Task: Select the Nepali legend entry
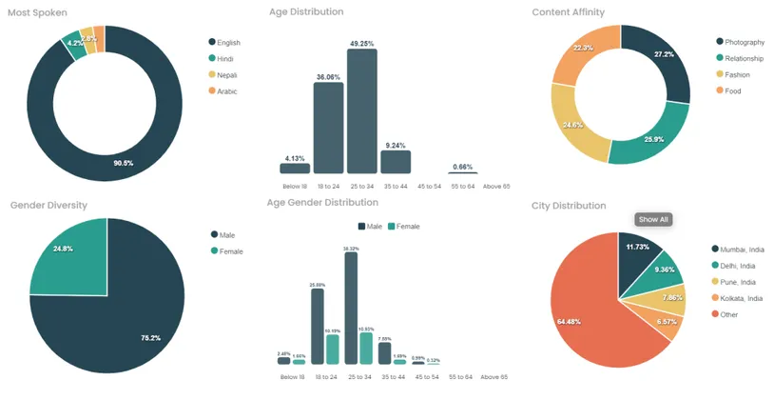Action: click(226, 74)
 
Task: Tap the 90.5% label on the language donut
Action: click(123, 163)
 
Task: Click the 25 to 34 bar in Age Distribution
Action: click(361, 110)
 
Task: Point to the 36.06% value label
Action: click(328, 75)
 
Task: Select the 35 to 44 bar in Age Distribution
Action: click(395, 162)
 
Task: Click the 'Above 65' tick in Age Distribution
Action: click(496, 186)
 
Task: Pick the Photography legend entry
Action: click(744, 42)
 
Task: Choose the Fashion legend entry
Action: click(737, 74)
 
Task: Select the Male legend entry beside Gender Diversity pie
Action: click(226, 234)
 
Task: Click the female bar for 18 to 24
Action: click(332, 349)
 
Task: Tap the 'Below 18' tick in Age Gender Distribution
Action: click(291, 377)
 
